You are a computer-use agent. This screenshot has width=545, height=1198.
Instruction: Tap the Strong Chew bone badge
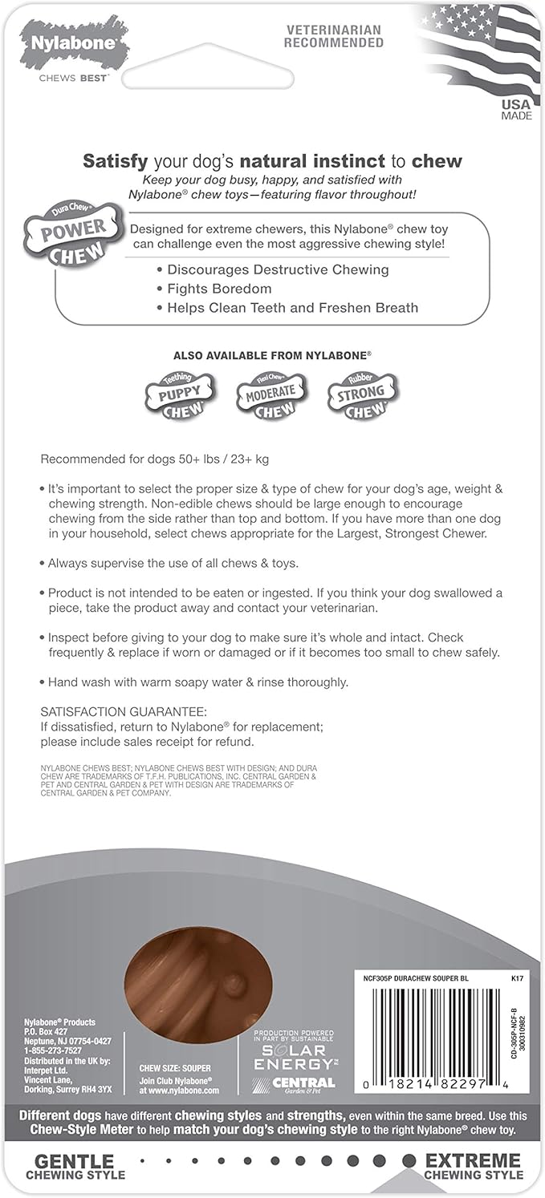click(363, 394)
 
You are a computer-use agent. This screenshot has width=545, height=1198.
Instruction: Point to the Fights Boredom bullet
click(218, 289)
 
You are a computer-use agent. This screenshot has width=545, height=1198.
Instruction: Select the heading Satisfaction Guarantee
click(124, 710)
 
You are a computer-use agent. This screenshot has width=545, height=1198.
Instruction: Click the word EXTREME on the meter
click(474, 1160)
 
